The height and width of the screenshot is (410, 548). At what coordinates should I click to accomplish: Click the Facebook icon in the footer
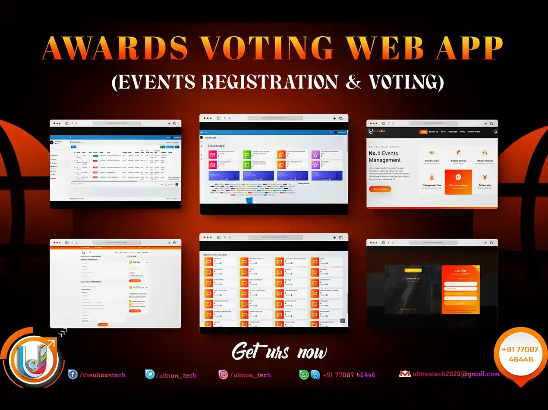[x=73, y=374]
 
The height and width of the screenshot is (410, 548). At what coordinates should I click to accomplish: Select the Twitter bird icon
[x=150, y=374]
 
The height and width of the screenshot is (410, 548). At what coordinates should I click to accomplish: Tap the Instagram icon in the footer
[x=223, y=374]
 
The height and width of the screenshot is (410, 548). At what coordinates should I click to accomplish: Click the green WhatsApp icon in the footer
[x=304, y=375]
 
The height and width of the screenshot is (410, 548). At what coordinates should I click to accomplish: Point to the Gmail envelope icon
[x=405, y=374]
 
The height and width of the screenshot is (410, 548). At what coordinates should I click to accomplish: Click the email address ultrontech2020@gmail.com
[x=456, y=374]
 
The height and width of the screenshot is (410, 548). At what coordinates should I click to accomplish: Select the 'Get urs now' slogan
[x=279, y=352]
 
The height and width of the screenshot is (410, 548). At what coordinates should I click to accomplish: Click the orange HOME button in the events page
[x=423, y=132]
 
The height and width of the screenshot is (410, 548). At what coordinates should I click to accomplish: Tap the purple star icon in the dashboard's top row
[x=315, y=155]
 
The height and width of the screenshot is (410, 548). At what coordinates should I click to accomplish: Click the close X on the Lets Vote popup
[x=478, y=268]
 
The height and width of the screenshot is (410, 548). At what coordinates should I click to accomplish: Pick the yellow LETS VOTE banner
[x=413, y=270]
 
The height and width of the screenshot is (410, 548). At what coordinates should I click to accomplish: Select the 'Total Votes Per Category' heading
[x=214, y=255]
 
